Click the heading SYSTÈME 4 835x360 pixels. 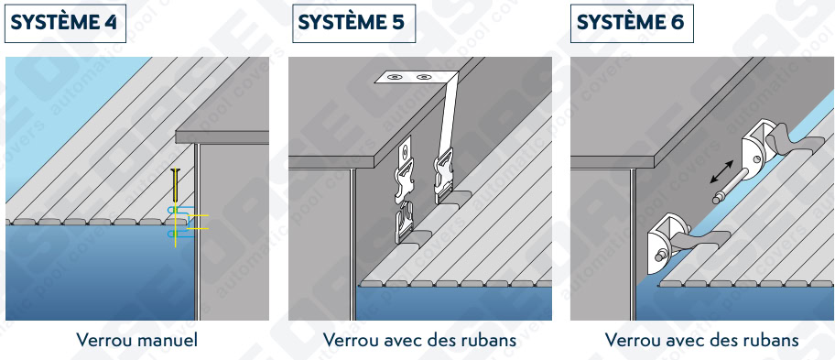click(x=64, y=22)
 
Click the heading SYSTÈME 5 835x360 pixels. click(x=351, y=22)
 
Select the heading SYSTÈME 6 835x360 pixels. click(x=631, y=22)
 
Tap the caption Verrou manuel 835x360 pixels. click(x=136, y=340)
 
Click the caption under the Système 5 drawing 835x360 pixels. click(x=420, y=340)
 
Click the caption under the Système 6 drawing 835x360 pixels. click(x=702, y=340)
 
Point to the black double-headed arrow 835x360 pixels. click(x=721, y=172)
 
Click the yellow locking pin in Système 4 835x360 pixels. click(x=175, y=208)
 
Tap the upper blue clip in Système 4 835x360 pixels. click(x=178, y=212)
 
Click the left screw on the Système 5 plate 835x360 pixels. click(x=396, y=78)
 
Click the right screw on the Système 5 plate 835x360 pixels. click(x=424, y=78)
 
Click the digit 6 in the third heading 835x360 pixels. click(x=678, y=22)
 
